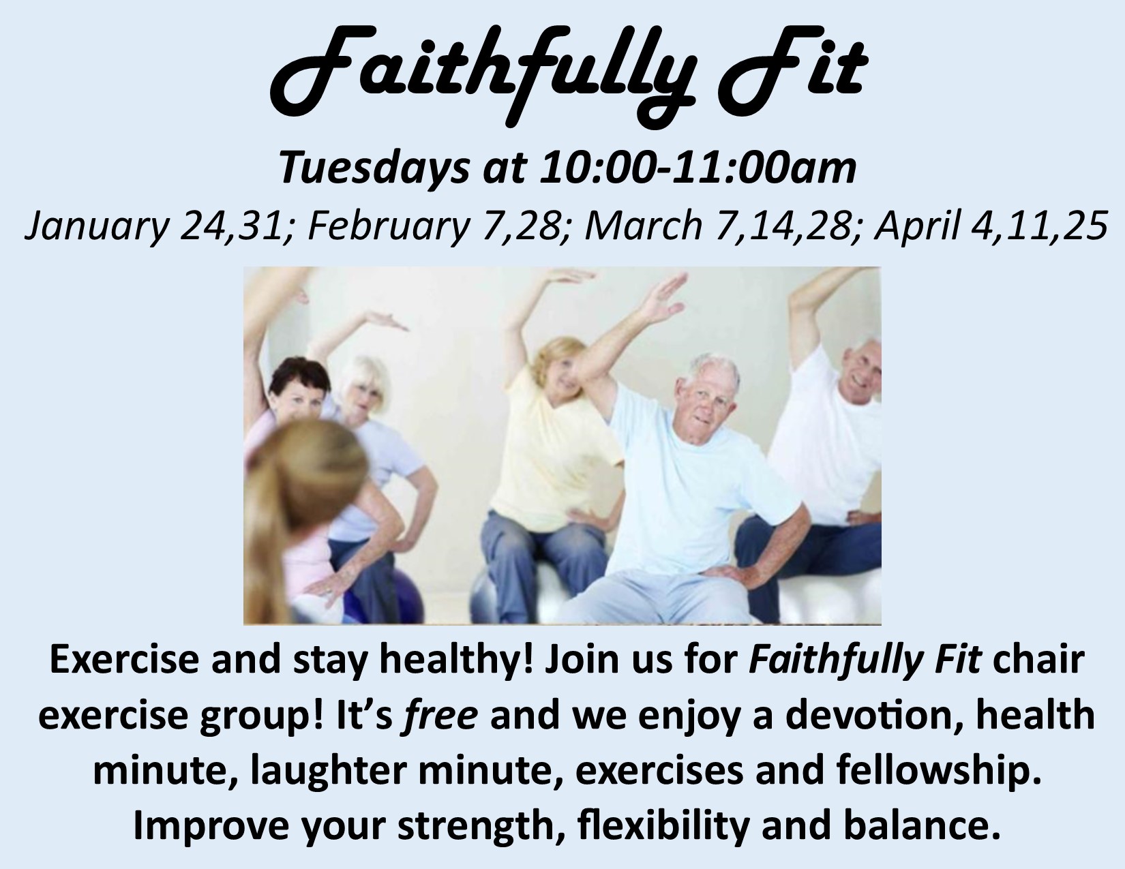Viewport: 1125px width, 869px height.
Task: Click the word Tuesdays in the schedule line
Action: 374,168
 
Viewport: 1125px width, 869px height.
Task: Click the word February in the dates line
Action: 388,226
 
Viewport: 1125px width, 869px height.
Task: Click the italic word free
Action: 440,715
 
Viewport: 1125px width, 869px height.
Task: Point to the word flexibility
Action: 663,827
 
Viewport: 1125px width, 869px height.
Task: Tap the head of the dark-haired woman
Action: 299,388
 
